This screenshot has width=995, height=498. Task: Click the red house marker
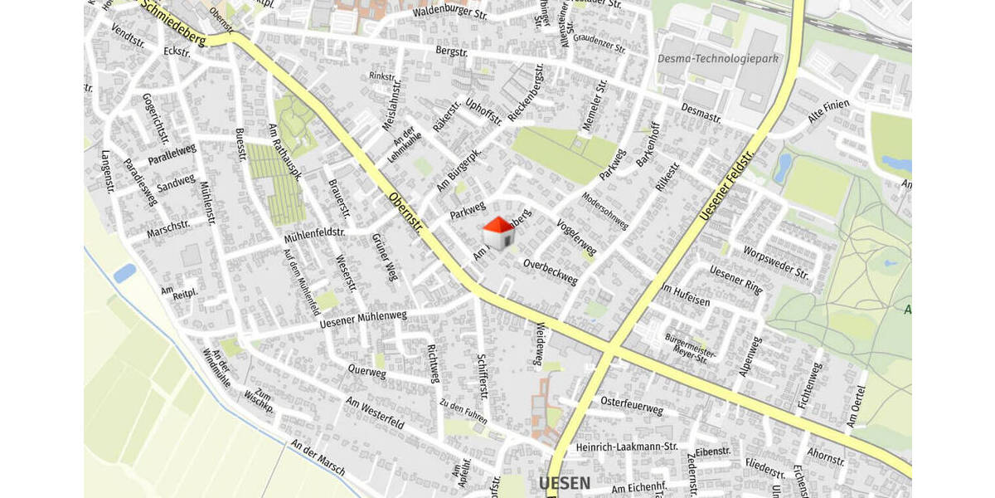point(498,233)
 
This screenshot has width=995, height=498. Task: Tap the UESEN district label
point(565,483)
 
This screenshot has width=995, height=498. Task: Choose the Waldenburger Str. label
point(450,12)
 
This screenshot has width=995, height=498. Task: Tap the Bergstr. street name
point(453,51)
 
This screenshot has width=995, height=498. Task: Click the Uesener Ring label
point(736,281)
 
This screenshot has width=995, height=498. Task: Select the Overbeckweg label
point(551,272)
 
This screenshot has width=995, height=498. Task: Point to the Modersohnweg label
point(605,212)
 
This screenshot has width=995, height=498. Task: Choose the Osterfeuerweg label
point(632,408)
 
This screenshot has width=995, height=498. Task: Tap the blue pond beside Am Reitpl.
point(124,273)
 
